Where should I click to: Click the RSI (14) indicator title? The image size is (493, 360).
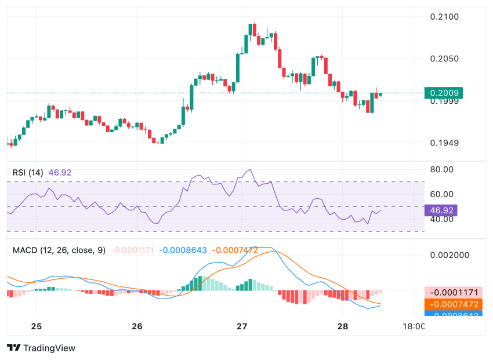coord(28,172)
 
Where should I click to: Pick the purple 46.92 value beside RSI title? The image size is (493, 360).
coord(60,172)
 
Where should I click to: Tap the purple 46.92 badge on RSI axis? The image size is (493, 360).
coord(441,210)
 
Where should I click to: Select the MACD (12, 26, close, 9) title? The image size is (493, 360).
coord(59,250)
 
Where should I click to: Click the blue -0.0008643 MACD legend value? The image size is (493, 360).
coord(183,250)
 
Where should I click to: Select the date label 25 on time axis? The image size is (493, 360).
coord(36,326)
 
